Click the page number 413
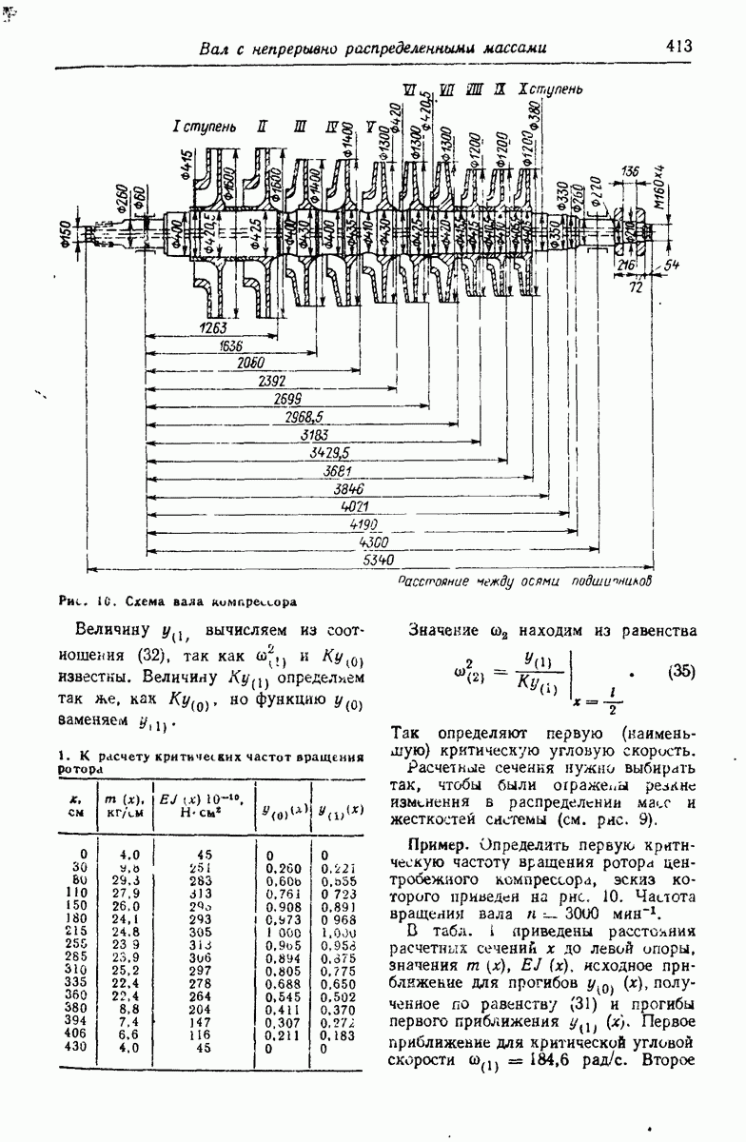[678, 45]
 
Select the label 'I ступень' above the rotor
[197, 127]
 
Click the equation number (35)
[681, 670]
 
